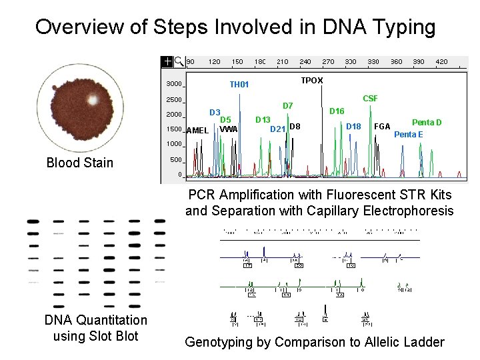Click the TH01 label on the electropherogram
point(239,85)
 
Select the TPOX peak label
point(311,80)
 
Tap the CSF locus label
point(370,99)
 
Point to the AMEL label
point(197,131)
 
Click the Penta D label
point(427,123)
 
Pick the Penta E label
point(408,135)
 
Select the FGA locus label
point(382,127)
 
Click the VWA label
point(229,129)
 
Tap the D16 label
point(337,111)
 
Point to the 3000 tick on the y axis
point(174,84)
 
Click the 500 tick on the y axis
point(175,160)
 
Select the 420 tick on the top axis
point(441,61)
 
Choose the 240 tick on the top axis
point(305,61)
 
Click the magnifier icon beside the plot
point(179,61)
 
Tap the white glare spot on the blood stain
point(93,99)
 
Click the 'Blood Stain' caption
point(80,163)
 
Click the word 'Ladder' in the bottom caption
point(422,342)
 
